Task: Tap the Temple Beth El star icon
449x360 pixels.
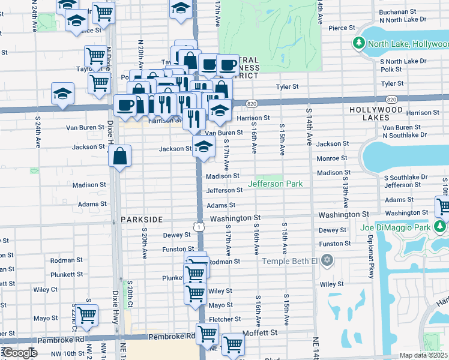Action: pos(327,260)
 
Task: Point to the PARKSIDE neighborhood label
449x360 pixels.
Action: pos(142,220)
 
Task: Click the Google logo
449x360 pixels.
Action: pos(19,353)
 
